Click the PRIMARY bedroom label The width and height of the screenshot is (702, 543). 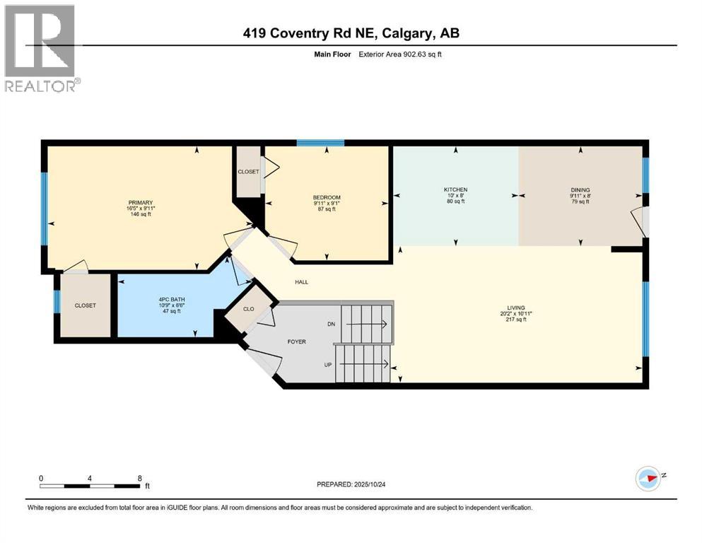tap(140, 203)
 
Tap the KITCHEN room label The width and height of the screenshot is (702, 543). tap(455, 189)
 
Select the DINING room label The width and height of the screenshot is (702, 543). tap(580, 189)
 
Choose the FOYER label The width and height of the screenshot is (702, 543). tap(296, 341)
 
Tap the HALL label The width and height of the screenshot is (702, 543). tap(302, 282)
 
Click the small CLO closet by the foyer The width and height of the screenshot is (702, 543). tap(249, 308)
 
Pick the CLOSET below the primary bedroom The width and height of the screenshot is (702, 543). tap(85, 305)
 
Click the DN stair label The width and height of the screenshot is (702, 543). tap(331, 324)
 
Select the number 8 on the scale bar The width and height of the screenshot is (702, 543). tap(139, 478)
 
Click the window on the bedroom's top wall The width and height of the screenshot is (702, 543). tap(320, 143)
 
